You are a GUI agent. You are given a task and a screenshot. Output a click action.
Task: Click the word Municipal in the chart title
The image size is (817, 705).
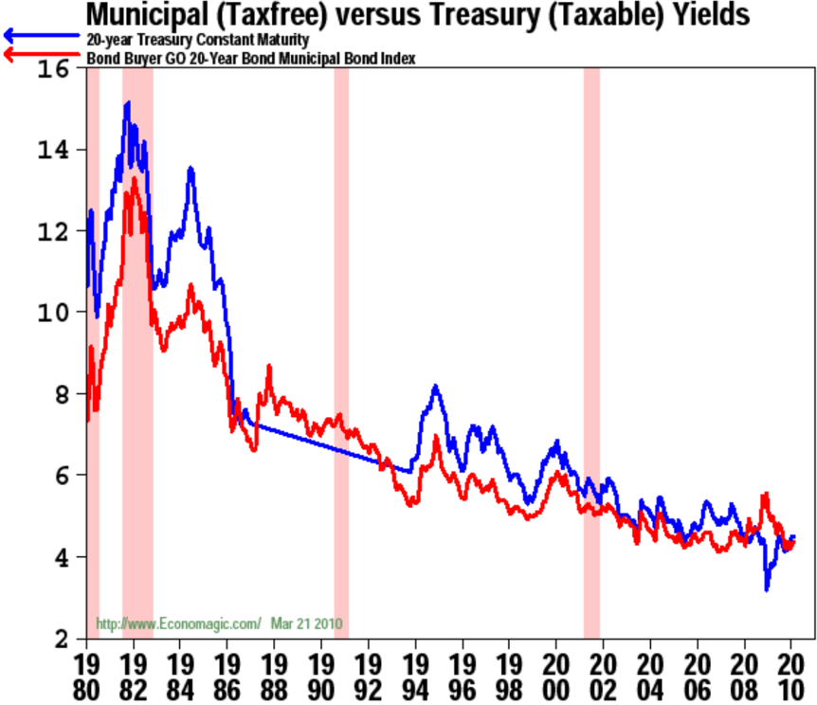tap(147, 15)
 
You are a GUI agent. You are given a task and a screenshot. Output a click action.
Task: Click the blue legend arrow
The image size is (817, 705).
tap(42, 35)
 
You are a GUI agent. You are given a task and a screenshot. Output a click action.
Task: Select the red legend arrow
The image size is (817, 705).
tap(42, 54)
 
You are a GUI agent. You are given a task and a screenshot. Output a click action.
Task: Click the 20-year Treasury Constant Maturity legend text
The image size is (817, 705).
tap(197, 40)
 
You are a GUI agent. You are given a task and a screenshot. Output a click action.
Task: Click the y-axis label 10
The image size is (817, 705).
tap(53, 313)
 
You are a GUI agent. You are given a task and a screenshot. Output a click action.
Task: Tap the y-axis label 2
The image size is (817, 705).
tap(62, 639)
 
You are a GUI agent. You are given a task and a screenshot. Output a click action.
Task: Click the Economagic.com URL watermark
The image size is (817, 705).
tap(178, 624)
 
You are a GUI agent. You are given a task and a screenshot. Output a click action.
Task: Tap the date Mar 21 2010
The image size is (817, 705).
tap(306, 624)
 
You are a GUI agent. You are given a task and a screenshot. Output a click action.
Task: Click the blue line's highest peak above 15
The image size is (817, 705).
tap(128, 103)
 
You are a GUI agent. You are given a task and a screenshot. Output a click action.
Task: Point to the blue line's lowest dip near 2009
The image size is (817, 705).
tap(767, 589)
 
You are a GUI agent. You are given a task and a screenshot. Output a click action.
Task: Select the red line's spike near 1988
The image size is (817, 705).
tap(269, 366)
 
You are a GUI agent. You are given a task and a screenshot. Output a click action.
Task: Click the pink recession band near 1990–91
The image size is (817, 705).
tap(341, 352)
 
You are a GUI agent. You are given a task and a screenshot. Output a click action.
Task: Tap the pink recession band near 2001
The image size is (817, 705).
tap(592, 352)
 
